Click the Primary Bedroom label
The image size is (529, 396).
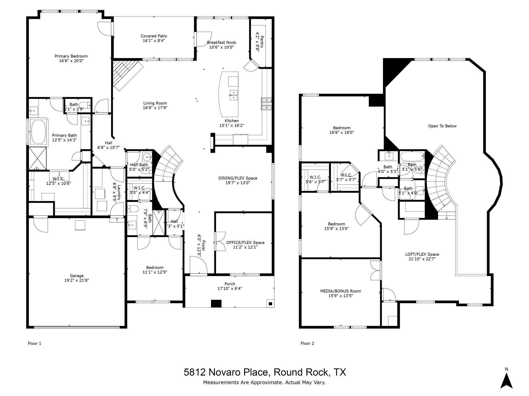point(71,56)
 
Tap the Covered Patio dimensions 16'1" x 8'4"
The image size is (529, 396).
point(154,41)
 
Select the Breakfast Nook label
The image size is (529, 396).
point(221,43)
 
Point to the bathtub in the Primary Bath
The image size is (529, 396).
point(38,132)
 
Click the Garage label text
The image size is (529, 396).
point(77,276)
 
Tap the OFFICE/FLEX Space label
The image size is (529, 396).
point(245,243)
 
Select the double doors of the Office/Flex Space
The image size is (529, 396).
point(220,241)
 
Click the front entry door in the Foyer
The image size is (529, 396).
point(198,266)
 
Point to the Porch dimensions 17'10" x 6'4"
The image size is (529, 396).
point(230,288)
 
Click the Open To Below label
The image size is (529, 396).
point(442,126)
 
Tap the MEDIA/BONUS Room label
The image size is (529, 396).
point(340,291)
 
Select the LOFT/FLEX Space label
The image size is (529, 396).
point(422,254)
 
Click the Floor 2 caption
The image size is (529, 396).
point(307,343)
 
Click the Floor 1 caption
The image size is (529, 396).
point(34,343)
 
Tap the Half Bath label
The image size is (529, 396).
point(139,165)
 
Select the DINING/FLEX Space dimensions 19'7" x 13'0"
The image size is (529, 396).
point(238,183)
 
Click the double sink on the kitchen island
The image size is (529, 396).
point(234,95)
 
